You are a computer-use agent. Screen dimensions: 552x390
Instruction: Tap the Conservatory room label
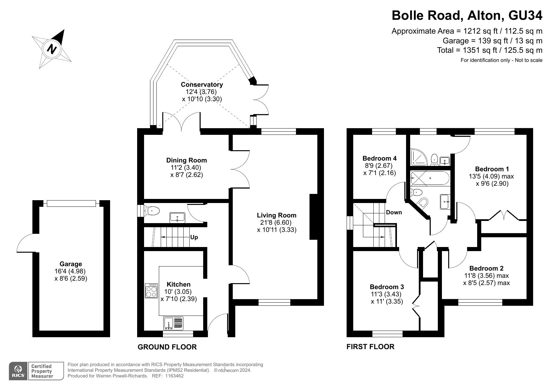tap(202, 85)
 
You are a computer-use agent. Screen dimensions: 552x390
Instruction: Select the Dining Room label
tap(187, 160)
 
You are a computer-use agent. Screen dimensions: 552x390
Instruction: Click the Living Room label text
tap(276, 215)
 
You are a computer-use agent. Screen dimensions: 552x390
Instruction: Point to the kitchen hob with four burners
tap(151, 291)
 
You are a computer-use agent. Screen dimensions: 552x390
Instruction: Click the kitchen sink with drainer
tap(173, 323)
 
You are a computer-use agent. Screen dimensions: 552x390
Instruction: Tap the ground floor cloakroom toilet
tap(152, 211)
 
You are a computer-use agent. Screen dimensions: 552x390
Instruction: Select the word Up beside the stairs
tap(194, 237)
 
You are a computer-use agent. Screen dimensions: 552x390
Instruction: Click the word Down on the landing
tap(394, 212)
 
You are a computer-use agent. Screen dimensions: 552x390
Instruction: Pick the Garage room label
tap(71, 264)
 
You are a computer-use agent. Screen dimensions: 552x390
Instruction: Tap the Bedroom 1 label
tap(492, 169)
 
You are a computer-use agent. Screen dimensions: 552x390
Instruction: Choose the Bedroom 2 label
tap(486, 268)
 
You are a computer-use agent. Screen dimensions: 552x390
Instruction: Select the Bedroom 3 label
tap(387, 287)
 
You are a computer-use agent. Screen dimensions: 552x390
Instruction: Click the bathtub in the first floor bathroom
tap(430, 178)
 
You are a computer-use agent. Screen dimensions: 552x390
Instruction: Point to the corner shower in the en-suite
tap(419, 157)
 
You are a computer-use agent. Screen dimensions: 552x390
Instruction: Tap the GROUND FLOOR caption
tap(167, 347)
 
